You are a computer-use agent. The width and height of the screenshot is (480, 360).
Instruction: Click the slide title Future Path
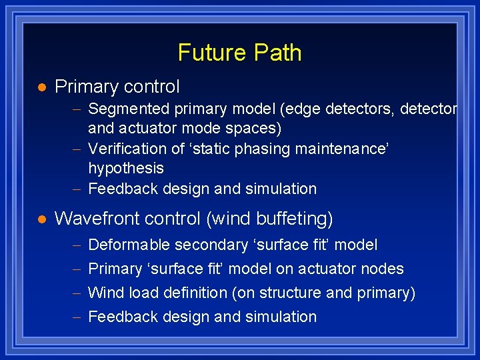pos(239,53)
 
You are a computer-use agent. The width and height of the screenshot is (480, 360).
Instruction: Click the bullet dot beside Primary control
pos(41,87)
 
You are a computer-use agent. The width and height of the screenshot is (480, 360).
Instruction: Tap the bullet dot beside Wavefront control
pos(41,219)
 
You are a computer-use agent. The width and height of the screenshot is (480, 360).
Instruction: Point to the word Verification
pos(123,149)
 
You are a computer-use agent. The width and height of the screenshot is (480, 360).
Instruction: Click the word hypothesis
pos(125,169)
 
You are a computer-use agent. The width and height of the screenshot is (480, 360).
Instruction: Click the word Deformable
pos(129,245)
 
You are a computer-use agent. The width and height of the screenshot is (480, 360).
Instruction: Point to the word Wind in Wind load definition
pos(103,293)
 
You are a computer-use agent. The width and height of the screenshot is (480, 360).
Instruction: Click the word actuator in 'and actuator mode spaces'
pos(143,128)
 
